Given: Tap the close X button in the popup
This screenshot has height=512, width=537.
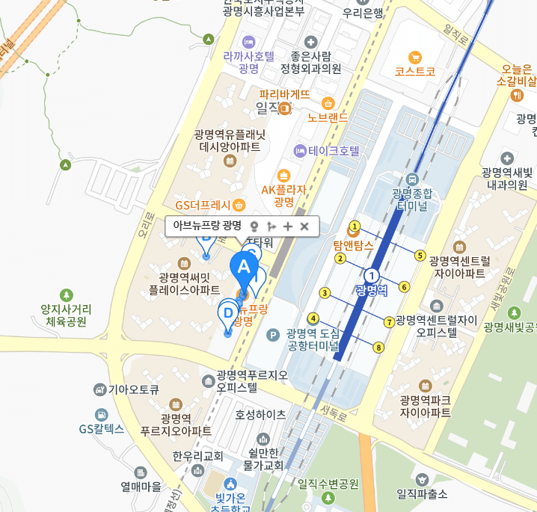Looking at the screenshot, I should [x=304, y=226].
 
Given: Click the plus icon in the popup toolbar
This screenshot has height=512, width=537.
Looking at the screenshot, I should [x=288, y=226].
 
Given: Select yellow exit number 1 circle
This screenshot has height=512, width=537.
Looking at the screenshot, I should [x=355, y=226].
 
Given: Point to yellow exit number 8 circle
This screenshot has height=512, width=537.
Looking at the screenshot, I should [x=379, y=347].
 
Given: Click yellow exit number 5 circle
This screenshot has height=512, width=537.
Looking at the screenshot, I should [x=420, y=256].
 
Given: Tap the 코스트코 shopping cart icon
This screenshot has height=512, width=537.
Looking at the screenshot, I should [x=413, y=57].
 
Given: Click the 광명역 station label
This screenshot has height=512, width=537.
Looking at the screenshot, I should [x=372, y=289].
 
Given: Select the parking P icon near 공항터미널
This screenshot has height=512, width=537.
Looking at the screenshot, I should [x=273, y=334].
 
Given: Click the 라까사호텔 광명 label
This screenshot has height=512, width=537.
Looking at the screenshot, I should [x=248, y=62].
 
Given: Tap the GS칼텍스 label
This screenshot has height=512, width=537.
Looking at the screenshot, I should [x=102, y=429].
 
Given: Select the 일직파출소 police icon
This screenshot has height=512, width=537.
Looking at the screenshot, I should [x=423, y=478].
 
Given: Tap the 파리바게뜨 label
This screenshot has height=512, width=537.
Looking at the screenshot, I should [x=284, y=95].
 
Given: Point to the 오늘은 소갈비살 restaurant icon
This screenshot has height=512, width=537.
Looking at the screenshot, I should [x=517, y=96].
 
